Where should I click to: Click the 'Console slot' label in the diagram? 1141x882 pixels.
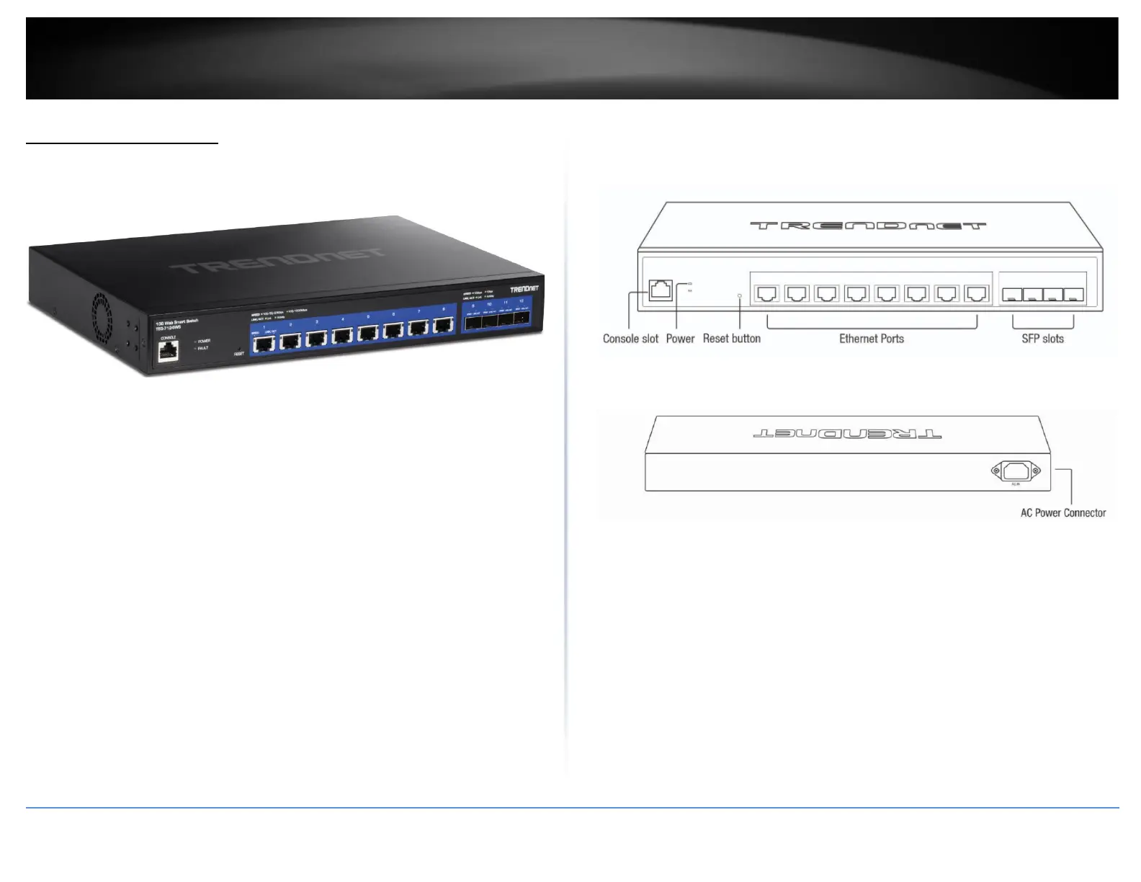[630, 339]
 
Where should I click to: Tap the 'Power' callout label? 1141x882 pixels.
[680, 339]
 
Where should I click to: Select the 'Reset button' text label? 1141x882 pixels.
[731, 339]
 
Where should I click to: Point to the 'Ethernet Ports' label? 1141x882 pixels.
[871, 339]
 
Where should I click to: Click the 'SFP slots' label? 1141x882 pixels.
[1042, 339]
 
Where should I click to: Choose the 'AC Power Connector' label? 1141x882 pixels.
[1062, 513]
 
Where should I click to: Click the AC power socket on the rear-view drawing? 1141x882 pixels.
[1016, 471]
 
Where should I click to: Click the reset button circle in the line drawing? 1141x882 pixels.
[740, 295]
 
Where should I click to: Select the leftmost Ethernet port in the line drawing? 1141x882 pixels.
[766, 293]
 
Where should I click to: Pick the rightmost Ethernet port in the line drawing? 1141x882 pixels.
[977, 293]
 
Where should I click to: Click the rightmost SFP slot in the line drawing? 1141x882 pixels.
[1075, 295]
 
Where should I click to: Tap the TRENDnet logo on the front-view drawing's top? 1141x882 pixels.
[868, 226]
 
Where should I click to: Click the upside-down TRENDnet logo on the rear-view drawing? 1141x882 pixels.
[847, 435]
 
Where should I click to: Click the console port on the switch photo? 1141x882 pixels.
[169, 351]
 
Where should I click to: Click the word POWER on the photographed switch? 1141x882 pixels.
[204, 341]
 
